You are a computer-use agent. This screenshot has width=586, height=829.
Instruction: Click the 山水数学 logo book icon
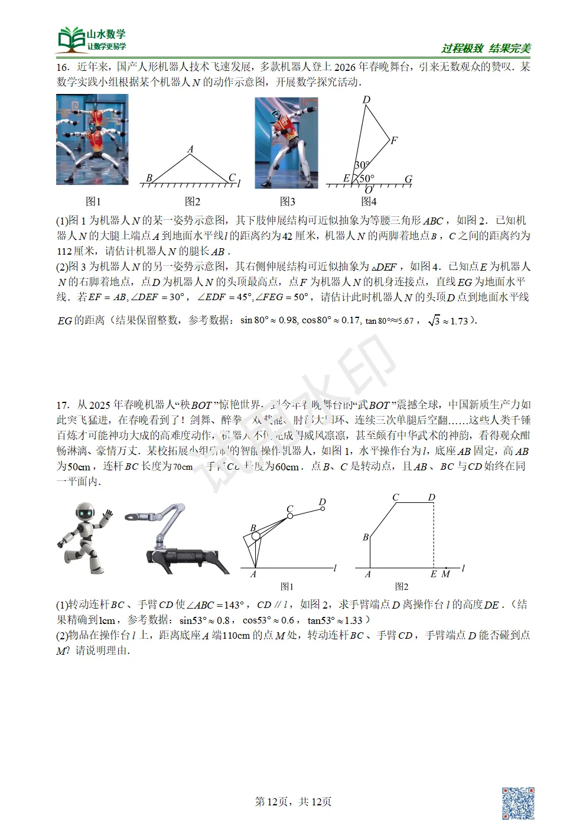(x=71, y=40)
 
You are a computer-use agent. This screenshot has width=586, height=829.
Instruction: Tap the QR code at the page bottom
(x=517, y=803)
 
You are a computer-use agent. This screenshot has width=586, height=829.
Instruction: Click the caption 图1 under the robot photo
(x=93, y=201)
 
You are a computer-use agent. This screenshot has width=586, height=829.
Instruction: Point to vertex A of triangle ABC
(x=190, y=150)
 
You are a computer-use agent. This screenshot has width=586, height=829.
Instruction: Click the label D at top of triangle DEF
(x=366, y=100)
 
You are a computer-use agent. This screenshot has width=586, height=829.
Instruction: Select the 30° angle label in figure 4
(x=362, y=165)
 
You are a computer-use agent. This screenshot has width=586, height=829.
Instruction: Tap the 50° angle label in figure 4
(x=367, y=178)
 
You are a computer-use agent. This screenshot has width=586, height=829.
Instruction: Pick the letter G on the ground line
(x=408, y=179)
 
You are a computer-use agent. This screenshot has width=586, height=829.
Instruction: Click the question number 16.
(x=63, y=67)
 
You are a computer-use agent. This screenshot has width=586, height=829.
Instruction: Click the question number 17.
(x=63, y=405)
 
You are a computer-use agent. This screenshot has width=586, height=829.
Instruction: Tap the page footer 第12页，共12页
(x=293, y=802)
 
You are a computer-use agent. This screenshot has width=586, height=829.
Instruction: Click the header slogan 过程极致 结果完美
(x=486, y=48)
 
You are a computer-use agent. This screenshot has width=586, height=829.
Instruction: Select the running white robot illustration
(x=84, y=538)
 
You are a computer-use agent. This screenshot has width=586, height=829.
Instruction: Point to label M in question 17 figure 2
(x=446, y=574)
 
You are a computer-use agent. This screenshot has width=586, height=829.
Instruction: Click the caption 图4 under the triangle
(x=369, y=201)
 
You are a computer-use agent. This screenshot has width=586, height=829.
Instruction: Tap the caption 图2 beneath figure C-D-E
(x=402, y=587)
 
